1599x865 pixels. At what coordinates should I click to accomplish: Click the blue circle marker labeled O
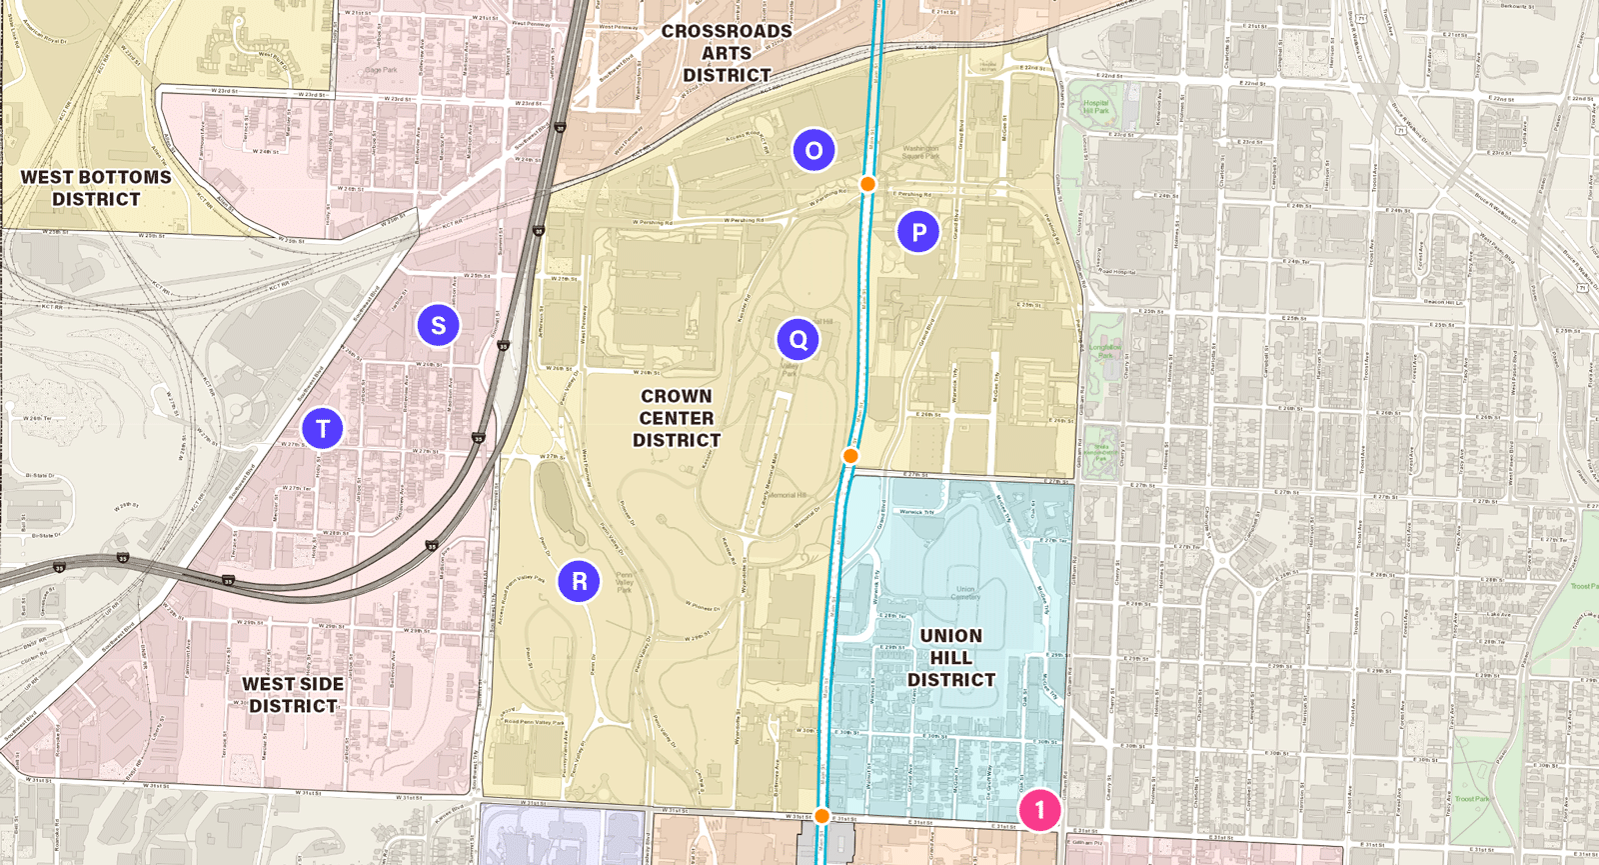813,150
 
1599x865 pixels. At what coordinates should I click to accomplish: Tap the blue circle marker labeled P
918,232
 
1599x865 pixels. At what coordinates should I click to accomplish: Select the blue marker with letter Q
798,340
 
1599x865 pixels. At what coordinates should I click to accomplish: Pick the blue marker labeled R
579,581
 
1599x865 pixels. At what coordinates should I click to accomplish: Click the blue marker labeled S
438,325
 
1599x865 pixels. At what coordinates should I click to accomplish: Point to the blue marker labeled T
323,428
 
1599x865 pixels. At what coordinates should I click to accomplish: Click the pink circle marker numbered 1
1039,809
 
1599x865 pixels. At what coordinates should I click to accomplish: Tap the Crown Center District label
677,418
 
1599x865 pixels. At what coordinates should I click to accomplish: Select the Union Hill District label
950,657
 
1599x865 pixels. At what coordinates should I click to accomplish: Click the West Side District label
293,694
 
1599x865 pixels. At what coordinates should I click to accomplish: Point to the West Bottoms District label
96,188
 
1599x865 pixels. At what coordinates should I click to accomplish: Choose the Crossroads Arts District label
727,53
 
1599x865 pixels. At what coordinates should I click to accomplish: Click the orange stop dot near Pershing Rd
867,184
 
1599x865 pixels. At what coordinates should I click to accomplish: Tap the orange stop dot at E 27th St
850,456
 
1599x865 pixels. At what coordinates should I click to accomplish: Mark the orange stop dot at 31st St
821,816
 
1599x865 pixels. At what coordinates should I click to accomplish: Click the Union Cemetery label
964,593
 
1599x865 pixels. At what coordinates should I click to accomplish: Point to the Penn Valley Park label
624,582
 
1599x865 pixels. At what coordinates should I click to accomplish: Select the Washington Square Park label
920,152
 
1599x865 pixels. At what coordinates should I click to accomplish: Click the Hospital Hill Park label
1096,106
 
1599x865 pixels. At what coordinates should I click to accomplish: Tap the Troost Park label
1472,799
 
